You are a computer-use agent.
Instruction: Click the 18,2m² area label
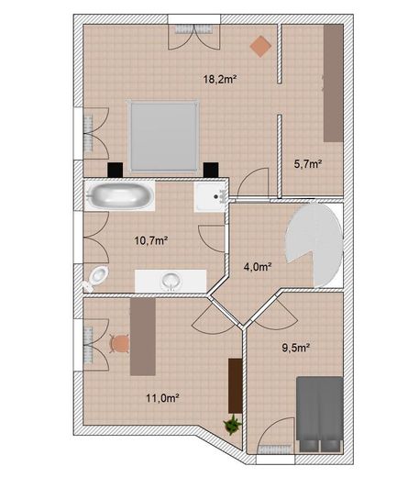coord(220,80)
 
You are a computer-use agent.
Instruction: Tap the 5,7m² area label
coord(308,164)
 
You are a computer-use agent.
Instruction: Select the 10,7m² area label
coord(151,240)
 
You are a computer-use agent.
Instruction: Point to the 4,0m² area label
coord(258,267)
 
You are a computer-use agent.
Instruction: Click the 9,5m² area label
coord(296,348)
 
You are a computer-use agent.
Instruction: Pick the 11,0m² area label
coord(162,398)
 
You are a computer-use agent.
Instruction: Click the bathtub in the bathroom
coord(120,195)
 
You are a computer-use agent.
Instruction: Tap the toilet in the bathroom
coord(96,277)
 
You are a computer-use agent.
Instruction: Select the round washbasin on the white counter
coord(171,281)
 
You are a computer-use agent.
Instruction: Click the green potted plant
coord(232,425)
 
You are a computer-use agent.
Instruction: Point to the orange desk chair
coord(119,344)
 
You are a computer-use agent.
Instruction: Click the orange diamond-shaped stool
coord(260,46)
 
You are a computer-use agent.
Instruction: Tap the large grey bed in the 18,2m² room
coord(163,136)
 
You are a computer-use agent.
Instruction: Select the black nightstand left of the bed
coord(115,170)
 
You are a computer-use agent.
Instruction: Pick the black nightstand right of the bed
coord(211,170)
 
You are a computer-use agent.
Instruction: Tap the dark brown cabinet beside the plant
coord(236,386)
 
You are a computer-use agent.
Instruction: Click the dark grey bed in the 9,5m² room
coord(320,414)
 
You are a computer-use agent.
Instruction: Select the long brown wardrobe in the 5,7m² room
coord(334,83)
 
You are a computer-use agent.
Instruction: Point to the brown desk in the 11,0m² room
coord(143,337)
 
